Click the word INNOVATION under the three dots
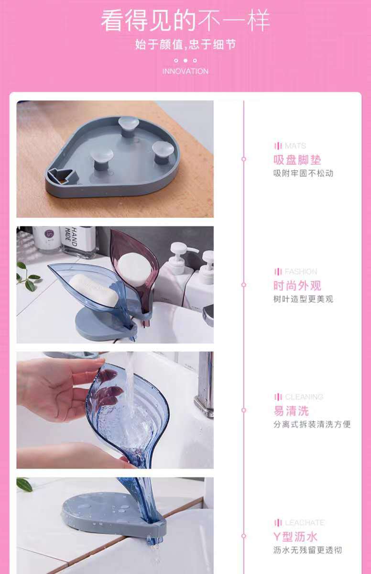pos(185,71)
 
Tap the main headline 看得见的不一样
pos(185,20)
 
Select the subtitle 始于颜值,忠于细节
pos(185,44)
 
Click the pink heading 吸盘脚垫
pos(297,160)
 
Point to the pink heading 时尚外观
pos(297,286)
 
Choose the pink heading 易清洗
pos(291,411)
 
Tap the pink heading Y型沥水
pos(295,537)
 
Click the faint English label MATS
pos(295,146)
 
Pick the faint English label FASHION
pos(301,271)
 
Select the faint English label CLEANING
pos(304,397)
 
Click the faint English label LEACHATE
pos(305,523)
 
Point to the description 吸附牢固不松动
pos(303,174)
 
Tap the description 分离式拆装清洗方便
pos(312,424)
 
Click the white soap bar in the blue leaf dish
pos(94,289)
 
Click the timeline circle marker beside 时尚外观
pos(244,285)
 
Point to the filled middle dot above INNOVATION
pos(185,60)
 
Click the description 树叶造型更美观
pos(303,299)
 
